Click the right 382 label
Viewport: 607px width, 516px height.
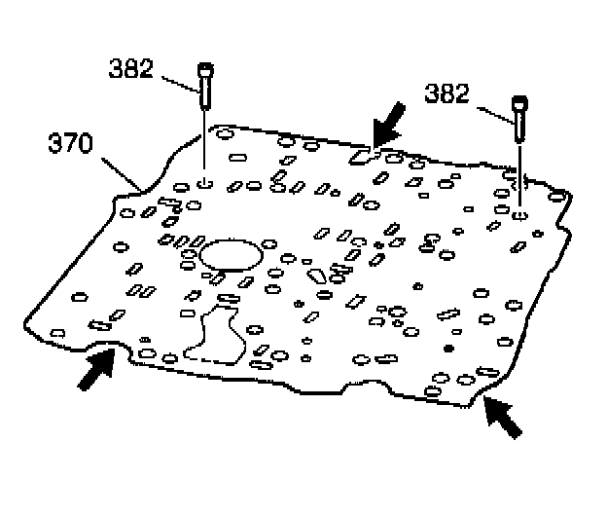pos(446,93)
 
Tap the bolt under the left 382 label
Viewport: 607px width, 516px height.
pos(205,88)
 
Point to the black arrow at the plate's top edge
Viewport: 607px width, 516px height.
pos(391,124)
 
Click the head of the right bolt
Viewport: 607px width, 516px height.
pos(521,100)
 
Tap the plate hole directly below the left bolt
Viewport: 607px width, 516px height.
pos(205,181)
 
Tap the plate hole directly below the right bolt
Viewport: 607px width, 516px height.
pos(522,213)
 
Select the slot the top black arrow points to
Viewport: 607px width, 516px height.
pos(361,154)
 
